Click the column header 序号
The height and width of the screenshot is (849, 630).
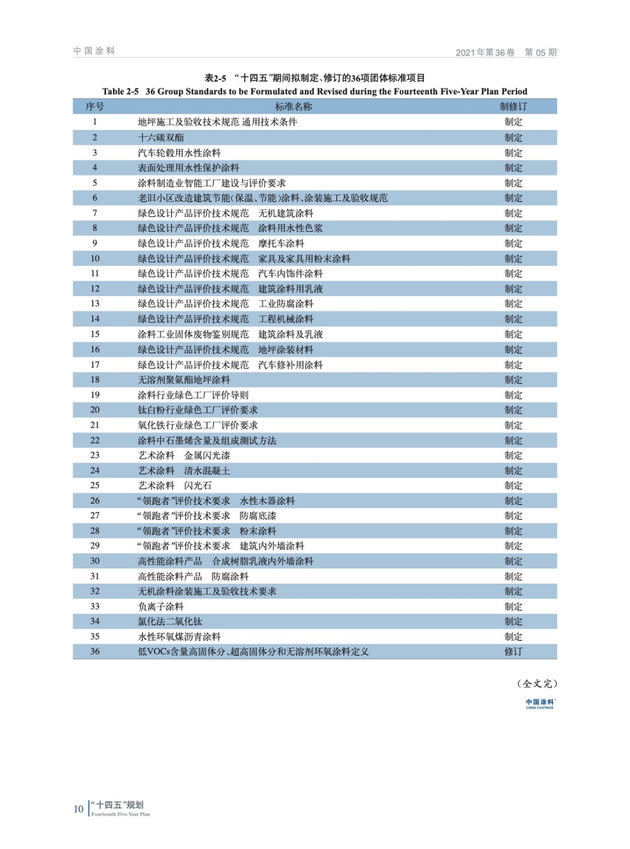tap(95, 107)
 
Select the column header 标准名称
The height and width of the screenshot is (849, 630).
tap(293, 107)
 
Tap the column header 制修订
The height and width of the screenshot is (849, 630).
tap(513, 107)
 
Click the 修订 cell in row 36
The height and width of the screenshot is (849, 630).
tap(513, 652)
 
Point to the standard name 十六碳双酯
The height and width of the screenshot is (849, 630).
tap(161, 137)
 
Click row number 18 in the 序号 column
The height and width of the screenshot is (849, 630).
tap(95, 380)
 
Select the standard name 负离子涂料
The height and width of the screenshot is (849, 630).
tap(161, 607)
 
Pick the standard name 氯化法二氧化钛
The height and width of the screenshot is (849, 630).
tap(170, 621)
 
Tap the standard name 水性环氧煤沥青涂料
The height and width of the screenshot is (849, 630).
tap(179, 637)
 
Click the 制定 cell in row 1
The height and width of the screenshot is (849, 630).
tap(513, 122)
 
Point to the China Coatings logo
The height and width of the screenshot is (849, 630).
tap(540, 704)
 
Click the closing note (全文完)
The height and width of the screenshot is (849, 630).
tap(537, 683)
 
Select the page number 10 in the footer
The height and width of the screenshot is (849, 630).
tap(79, 809)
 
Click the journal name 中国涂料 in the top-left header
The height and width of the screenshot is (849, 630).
tap(94, 51)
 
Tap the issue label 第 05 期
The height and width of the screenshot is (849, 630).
tap(540, 53)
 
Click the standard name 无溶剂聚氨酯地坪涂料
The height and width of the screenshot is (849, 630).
tap(184, 380)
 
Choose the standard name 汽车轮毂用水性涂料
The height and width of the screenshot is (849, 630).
tap(179, 153)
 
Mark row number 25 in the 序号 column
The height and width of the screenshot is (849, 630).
tap(95, 486)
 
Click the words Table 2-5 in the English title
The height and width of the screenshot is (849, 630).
tap(120, 91)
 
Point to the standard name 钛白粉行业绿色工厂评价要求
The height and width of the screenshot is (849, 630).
tap(198, 410)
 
